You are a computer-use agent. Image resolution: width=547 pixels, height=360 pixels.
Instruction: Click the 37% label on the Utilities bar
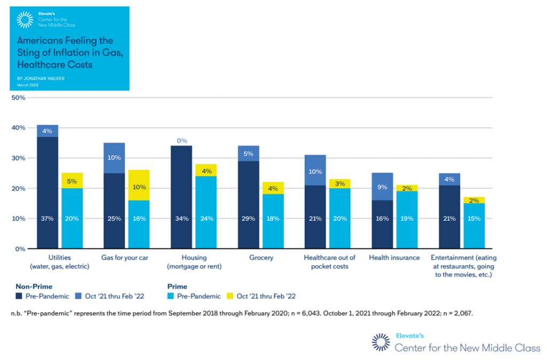coord(47,218)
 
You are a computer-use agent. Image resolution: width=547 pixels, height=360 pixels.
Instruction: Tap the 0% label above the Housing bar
coord(182,140)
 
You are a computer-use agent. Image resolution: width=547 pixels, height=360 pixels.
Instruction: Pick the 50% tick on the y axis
coord(19,98)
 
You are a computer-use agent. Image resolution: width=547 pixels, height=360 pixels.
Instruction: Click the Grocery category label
coord(261,258)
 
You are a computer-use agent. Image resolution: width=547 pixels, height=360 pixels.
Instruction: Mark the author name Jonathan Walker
coord(41,78)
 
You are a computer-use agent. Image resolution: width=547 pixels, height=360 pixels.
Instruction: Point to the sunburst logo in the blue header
coord(25,19)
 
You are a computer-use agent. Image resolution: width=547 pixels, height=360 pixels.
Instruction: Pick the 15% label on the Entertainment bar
coord(474,218)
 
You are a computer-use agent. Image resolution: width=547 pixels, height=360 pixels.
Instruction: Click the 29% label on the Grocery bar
coord(248,218)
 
